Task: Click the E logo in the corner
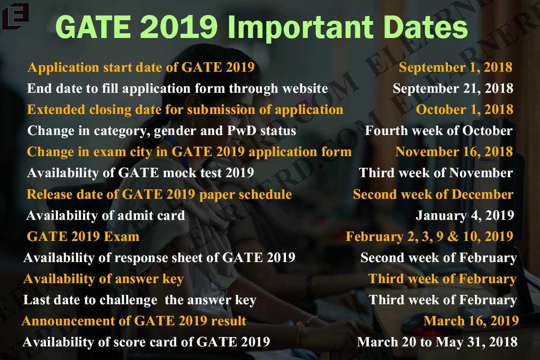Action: pos(15,15)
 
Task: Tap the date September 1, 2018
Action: pos(455,67)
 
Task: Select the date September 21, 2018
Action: pos(452,88)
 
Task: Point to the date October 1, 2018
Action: pos(464,109)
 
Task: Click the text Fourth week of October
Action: pos(438,130)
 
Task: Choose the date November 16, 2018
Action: pos(454,151)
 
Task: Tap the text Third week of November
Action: pos(435,172)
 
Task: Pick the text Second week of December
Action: pos(433,194)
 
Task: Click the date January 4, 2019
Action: pos(465,215)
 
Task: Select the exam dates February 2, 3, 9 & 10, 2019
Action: pos(429,236)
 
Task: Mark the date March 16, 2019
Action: pos(471,321)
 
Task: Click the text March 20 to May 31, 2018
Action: pos(437,342)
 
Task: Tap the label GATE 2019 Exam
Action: pos(83,236)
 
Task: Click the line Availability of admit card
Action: pos(105,215)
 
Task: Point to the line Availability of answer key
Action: pos(103,279)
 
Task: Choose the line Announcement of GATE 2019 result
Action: pos(134,321)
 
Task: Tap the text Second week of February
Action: pos(438,257)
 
